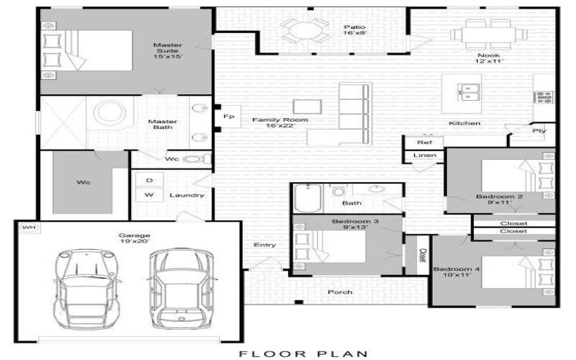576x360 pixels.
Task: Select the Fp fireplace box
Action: [229, 116]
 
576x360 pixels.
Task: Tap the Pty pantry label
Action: [538, 131]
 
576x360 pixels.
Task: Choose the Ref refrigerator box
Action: [424, 143]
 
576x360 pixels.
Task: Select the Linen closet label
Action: [424, 155]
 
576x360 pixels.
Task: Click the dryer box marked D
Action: [149, 180]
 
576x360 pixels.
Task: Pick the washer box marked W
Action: [149, 195]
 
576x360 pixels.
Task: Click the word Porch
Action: [340, 292]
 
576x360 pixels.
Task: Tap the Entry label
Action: [265, 245]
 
